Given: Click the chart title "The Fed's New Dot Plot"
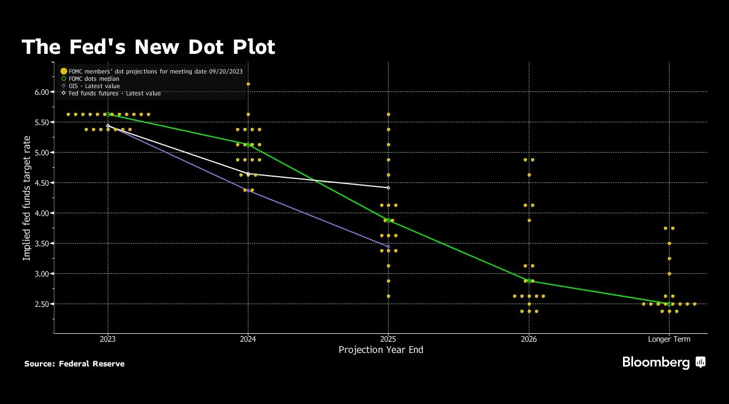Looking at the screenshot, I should [148, 47].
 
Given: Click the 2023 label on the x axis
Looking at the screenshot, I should [108, 339].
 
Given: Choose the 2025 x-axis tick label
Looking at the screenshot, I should [388, 339].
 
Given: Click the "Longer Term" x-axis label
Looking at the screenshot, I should [669, 339].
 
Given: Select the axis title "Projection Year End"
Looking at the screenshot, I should [381, 350].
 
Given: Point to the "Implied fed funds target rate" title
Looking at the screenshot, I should [27, 198].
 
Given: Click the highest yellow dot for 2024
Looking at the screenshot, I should [248, 84].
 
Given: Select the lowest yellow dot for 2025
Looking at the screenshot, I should [388, 296].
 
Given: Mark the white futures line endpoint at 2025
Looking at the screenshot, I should [388, 187].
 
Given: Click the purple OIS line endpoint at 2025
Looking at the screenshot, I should [388, 246].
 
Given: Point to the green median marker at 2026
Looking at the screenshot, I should [529, 281].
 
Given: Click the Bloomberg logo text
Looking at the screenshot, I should [656, 362].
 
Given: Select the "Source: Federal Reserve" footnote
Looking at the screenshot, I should [74, 364].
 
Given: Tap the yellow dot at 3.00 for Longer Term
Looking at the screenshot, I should [669, 274].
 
